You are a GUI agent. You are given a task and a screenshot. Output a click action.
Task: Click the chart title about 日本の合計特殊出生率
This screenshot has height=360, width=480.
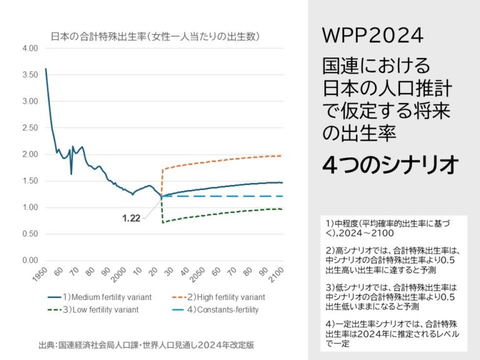pos(155,36)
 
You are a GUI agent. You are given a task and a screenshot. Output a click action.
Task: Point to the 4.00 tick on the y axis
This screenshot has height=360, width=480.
pos(29,48)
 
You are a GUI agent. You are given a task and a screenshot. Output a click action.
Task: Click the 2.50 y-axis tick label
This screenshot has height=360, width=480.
pos(29,127)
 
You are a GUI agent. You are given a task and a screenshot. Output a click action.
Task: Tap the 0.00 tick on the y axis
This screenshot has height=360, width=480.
pos(29,261)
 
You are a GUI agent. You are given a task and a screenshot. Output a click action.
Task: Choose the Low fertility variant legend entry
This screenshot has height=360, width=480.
pos(92,309)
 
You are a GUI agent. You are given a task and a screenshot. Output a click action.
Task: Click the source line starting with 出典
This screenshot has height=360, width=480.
pos(146,344)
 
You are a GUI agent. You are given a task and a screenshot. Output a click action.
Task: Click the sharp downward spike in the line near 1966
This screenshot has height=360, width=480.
pos(71,174)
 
